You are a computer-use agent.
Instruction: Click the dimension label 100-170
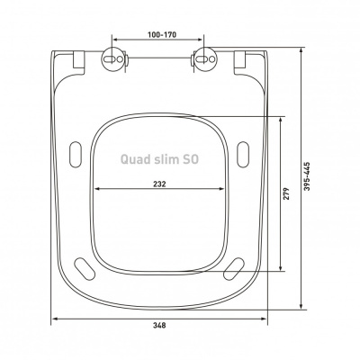[162, 34]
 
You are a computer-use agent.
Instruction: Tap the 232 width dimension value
[159, 184]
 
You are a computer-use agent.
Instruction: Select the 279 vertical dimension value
[286, 193]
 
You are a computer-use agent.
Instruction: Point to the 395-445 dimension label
[307, 176]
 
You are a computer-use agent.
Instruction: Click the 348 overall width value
[159, 325]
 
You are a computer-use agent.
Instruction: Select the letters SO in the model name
[190, 159]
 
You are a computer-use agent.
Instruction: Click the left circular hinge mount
[112, 59]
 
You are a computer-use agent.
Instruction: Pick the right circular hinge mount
[204, 59]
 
